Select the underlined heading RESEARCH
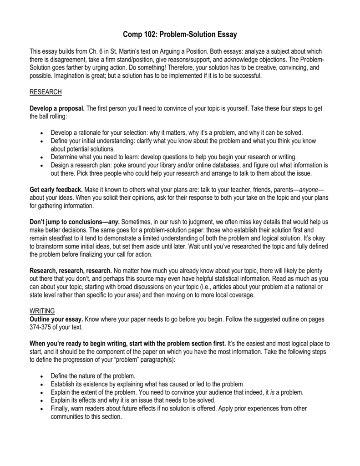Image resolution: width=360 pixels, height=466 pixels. (46, 92)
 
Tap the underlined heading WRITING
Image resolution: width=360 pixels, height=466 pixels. (42, 310)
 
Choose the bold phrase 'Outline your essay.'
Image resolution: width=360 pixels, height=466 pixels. (56, 319)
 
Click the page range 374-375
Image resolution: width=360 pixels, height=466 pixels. (44, 327)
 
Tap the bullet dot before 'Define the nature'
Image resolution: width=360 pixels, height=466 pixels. (41, 376)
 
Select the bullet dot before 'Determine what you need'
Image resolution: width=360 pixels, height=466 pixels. (41, 157)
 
